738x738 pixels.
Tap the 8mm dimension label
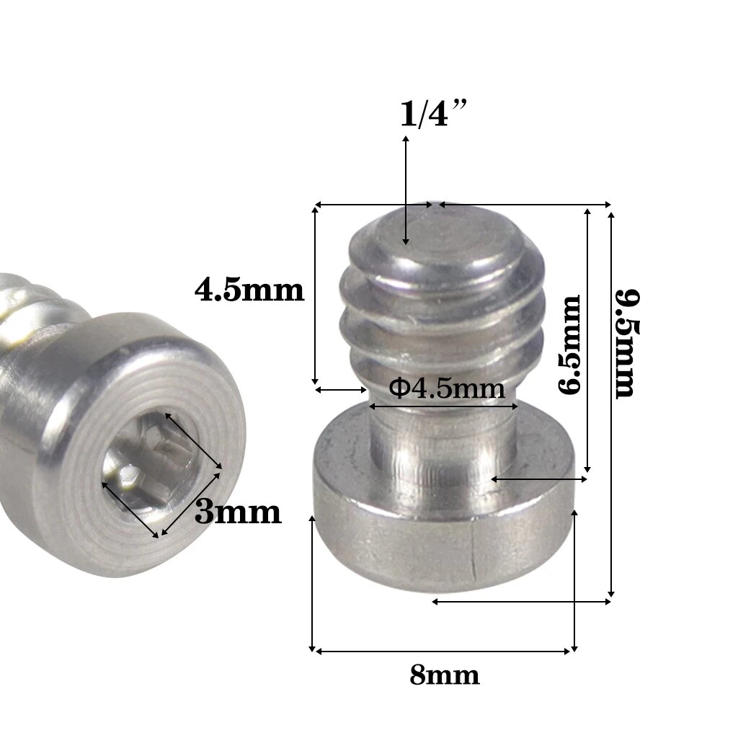coord(444,676)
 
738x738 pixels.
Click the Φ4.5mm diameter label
coord(446,388)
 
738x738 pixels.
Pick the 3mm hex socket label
coord(238,512)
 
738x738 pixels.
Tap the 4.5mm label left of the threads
coord(249,290)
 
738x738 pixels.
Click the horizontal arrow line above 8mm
coord(443,652)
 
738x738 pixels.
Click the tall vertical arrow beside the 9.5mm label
coord(611,404)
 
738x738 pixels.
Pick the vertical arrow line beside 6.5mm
coord(588,339)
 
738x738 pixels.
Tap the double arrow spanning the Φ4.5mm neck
coord(444,406)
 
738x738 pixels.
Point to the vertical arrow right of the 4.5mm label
coord(315,295)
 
